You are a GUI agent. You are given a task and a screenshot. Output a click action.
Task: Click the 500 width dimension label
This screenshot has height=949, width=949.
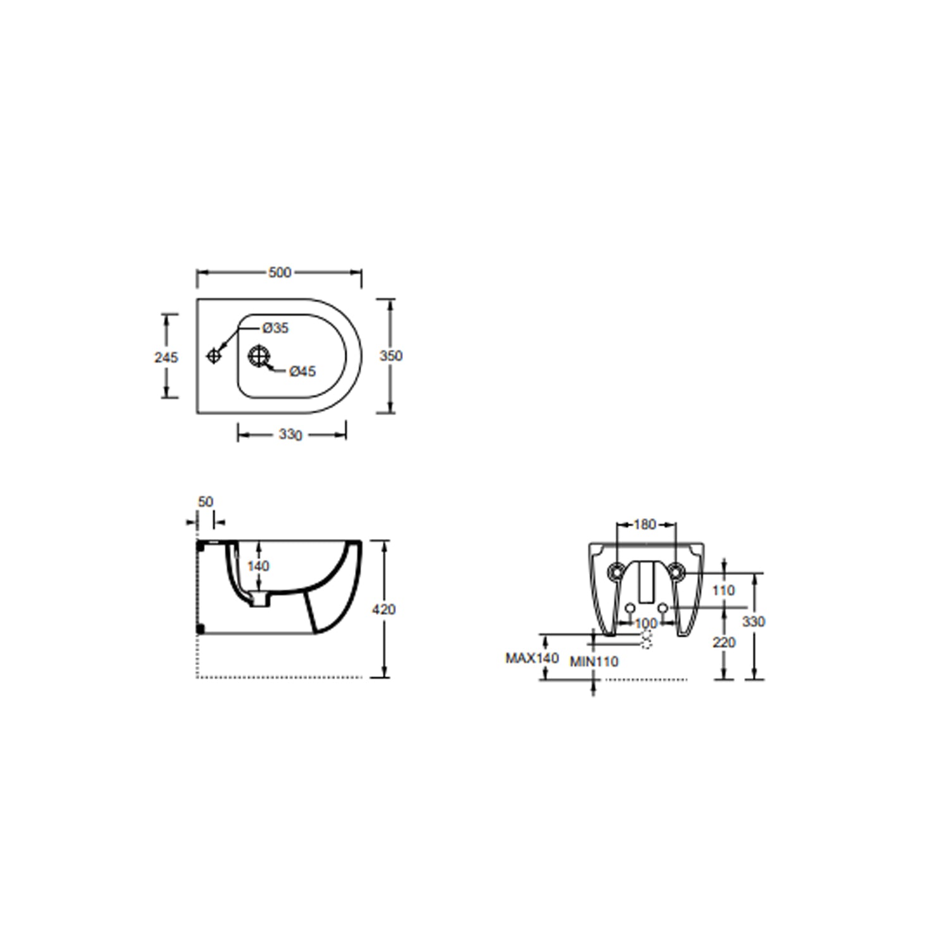pos(280,272)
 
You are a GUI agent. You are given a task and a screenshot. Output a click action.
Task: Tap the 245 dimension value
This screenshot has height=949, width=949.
pos(166,357)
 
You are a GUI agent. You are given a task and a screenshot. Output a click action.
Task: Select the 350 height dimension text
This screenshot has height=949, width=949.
pos(391,356)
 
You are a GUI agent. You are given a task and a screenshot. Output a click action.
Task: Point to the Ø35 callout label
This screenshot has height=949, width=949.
pos(275,328)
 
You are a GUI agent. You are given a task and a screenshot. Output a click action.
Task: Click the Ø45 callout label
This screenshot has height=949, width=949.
pos(302,371)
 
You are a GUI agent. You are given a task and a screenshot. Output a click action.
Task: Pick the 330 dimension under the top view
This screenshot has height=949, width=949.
pos(290,435)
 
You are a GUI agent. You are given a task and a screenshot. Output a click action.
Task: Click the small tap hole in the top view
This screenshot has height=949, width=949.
pos(214,356)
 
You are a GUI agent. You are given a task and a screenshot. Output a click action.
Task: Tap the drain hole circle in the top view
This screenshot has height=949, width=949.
pos(258,356)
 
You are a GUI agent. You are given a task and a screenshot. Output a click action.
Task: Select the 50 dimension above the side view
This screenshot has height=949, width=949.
pos(206,502)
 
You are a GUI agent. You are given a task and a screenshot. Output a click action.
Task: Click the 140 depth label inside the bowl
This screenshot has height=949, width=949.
pos(258,566)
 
